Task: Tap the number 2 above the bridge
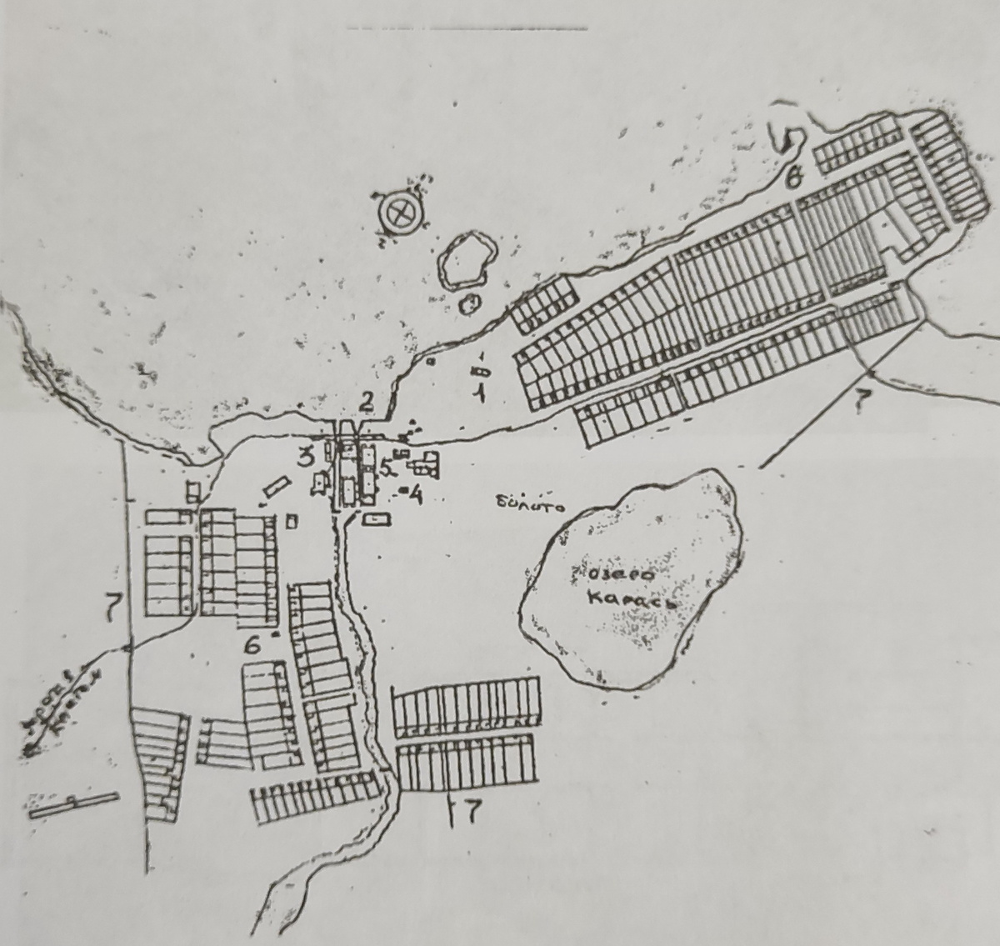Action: [x=367, y=403]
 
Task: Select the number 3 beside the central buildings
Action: [x=307, y=457]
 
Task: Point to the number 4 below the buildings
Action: [x=414, y=495]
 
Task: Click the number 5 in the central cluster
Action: [x=385, y=467]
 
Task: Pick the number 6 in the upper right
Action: [x=795, y=176]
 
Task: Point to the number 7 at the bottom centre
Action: [x=468, y=812]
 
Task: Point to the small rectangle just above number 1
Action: [x=480, y=369]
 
